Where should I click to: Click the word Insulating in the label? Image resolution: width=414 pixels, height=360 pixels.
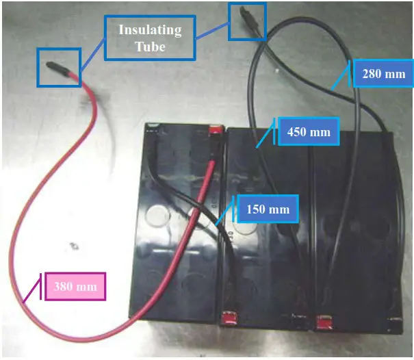(150, 30)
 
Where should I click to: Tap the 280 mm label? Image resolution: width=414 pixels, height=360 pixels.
(383, 74)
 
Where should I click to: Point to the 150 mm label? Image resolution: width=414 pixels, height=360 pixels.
(267, 209)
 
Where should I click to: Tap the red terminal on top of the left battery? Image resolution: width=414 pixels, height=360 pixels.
(215, 128)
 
